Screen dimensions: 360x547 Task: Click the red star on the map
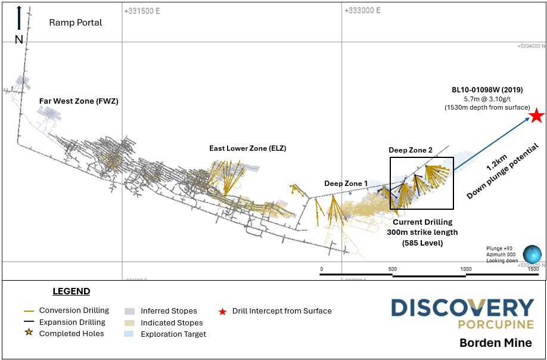537,116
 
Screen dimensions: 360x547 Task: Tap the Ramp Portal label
75,23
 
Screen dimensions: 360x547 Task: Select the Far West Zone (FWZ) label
79,101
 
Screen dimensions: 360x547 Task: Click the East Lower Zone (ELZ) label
247,148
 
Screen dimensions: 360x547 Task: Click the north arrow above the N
19,18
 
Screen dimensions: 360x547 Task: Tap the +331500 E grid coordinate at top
142,10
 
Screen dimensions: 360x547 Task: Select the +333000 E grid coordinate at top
362,10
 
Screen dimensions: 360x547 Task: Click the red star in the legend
222,311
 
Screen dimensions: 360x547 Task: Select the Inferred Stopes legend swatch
129,311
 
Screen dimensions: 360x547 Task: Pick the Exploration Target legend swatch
129,334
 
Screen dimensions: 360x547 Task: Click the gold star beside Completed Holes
27,334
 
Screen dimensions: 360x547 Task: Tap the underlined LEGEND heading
71,291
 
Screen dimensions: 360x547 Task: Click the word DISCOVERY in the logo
462,308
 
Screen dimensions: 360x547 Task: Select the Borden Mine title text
495,343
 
